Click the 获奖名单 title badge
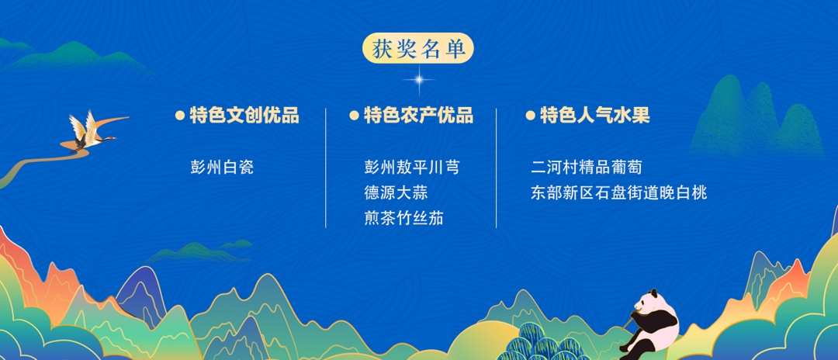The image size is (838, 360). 418,49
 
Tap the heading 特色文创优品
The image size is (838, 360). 244,116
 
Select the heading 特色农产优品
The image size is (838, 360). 418,116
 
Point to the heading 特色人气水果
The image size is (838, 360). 595,116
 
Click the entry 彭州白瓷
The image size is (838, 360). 222,167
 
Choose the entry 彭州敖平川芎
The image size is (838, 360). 411,167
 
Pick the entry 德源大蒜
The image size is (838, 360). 396,192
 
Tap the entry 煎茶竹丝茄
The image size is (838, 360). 403,217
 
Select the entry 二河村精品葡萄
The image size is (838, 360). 587,167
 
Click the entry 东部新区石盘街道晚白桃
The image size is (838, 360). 619,192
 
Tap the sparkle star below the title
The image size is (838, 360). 419,80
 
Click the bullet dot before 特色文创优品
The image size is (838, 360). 180,116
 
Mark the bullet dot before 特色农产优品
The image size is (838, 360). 354,116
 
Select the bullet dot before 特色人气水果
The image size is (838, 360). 530,116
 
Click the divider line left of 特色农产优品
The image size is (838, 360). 325,168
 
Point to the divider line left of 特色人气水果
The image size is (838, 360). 496,168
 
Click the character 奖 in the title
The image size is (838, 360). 404,49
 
